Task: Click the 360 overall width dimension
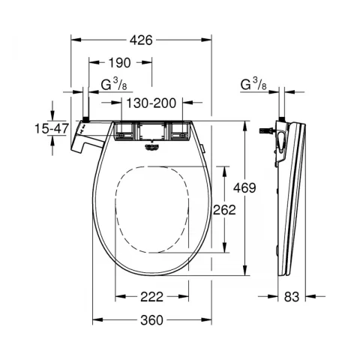(151, 320)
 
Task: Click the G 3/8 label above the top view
(111, 84)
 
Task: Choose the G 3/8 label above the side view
(253, 84)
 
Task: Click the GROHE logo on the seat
(152, 147)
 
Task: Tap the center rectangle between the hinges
(151, 132)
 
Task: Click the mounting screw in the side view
(265, 130)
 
